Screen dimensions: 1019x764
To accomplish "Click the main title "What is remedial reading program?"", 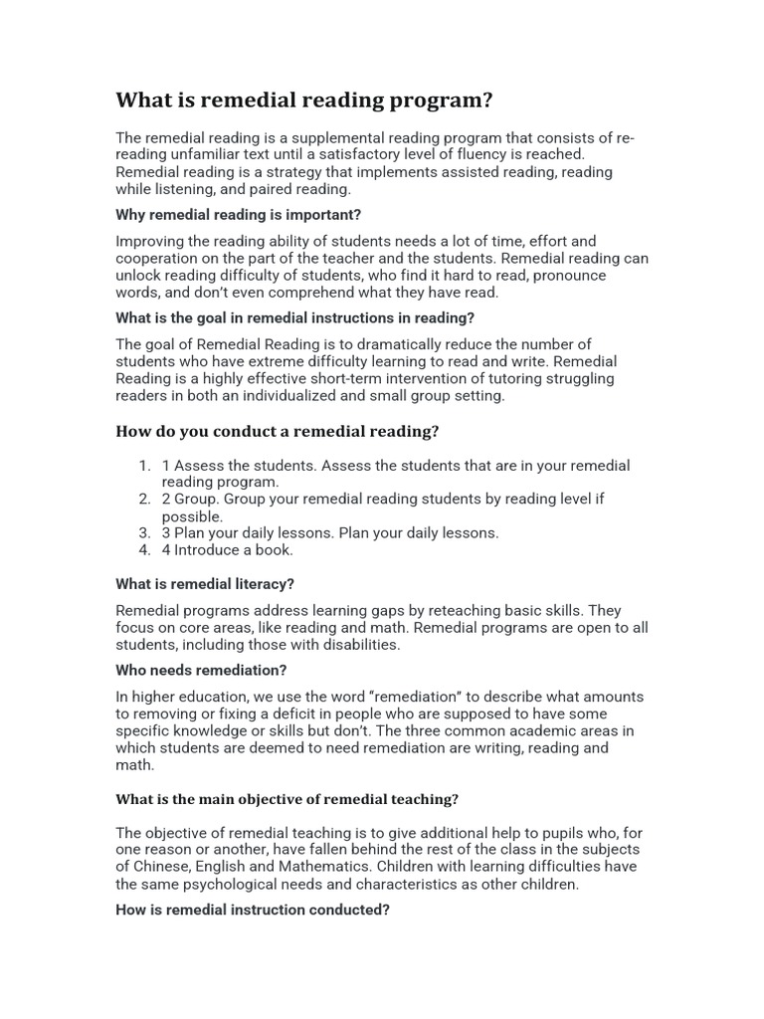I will tap(304, 101).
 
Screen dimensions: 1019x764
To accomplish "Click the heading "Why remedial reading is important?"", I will tap(239, 215).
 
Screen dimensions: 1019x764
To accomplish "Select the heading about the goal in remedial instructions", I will tap(294, 318).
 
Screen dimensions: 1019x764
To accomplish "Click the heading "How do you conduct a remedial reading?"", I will tap(278, 431).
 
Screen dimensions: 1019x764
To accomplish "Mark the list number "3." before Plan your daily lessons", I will tap(145, 533).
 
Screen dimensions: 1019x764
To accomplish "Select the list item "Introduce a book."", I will tap(234, 550).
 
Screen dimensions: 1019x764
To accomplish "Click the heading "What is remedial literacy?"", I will tap(205, 584).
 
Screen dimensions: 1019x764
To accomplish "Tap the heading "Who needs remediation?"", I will tap(201, 671).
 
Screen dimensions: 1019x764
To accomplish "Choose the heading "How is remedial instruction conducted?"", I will tap(253, 910).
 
